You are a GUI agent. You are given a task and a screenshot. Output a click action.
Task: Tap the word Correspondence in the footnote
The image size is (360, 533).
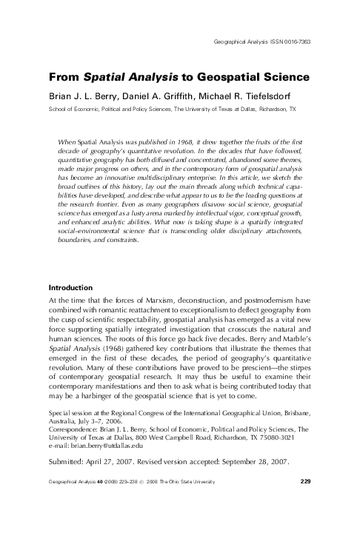(x=76, y=428)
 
